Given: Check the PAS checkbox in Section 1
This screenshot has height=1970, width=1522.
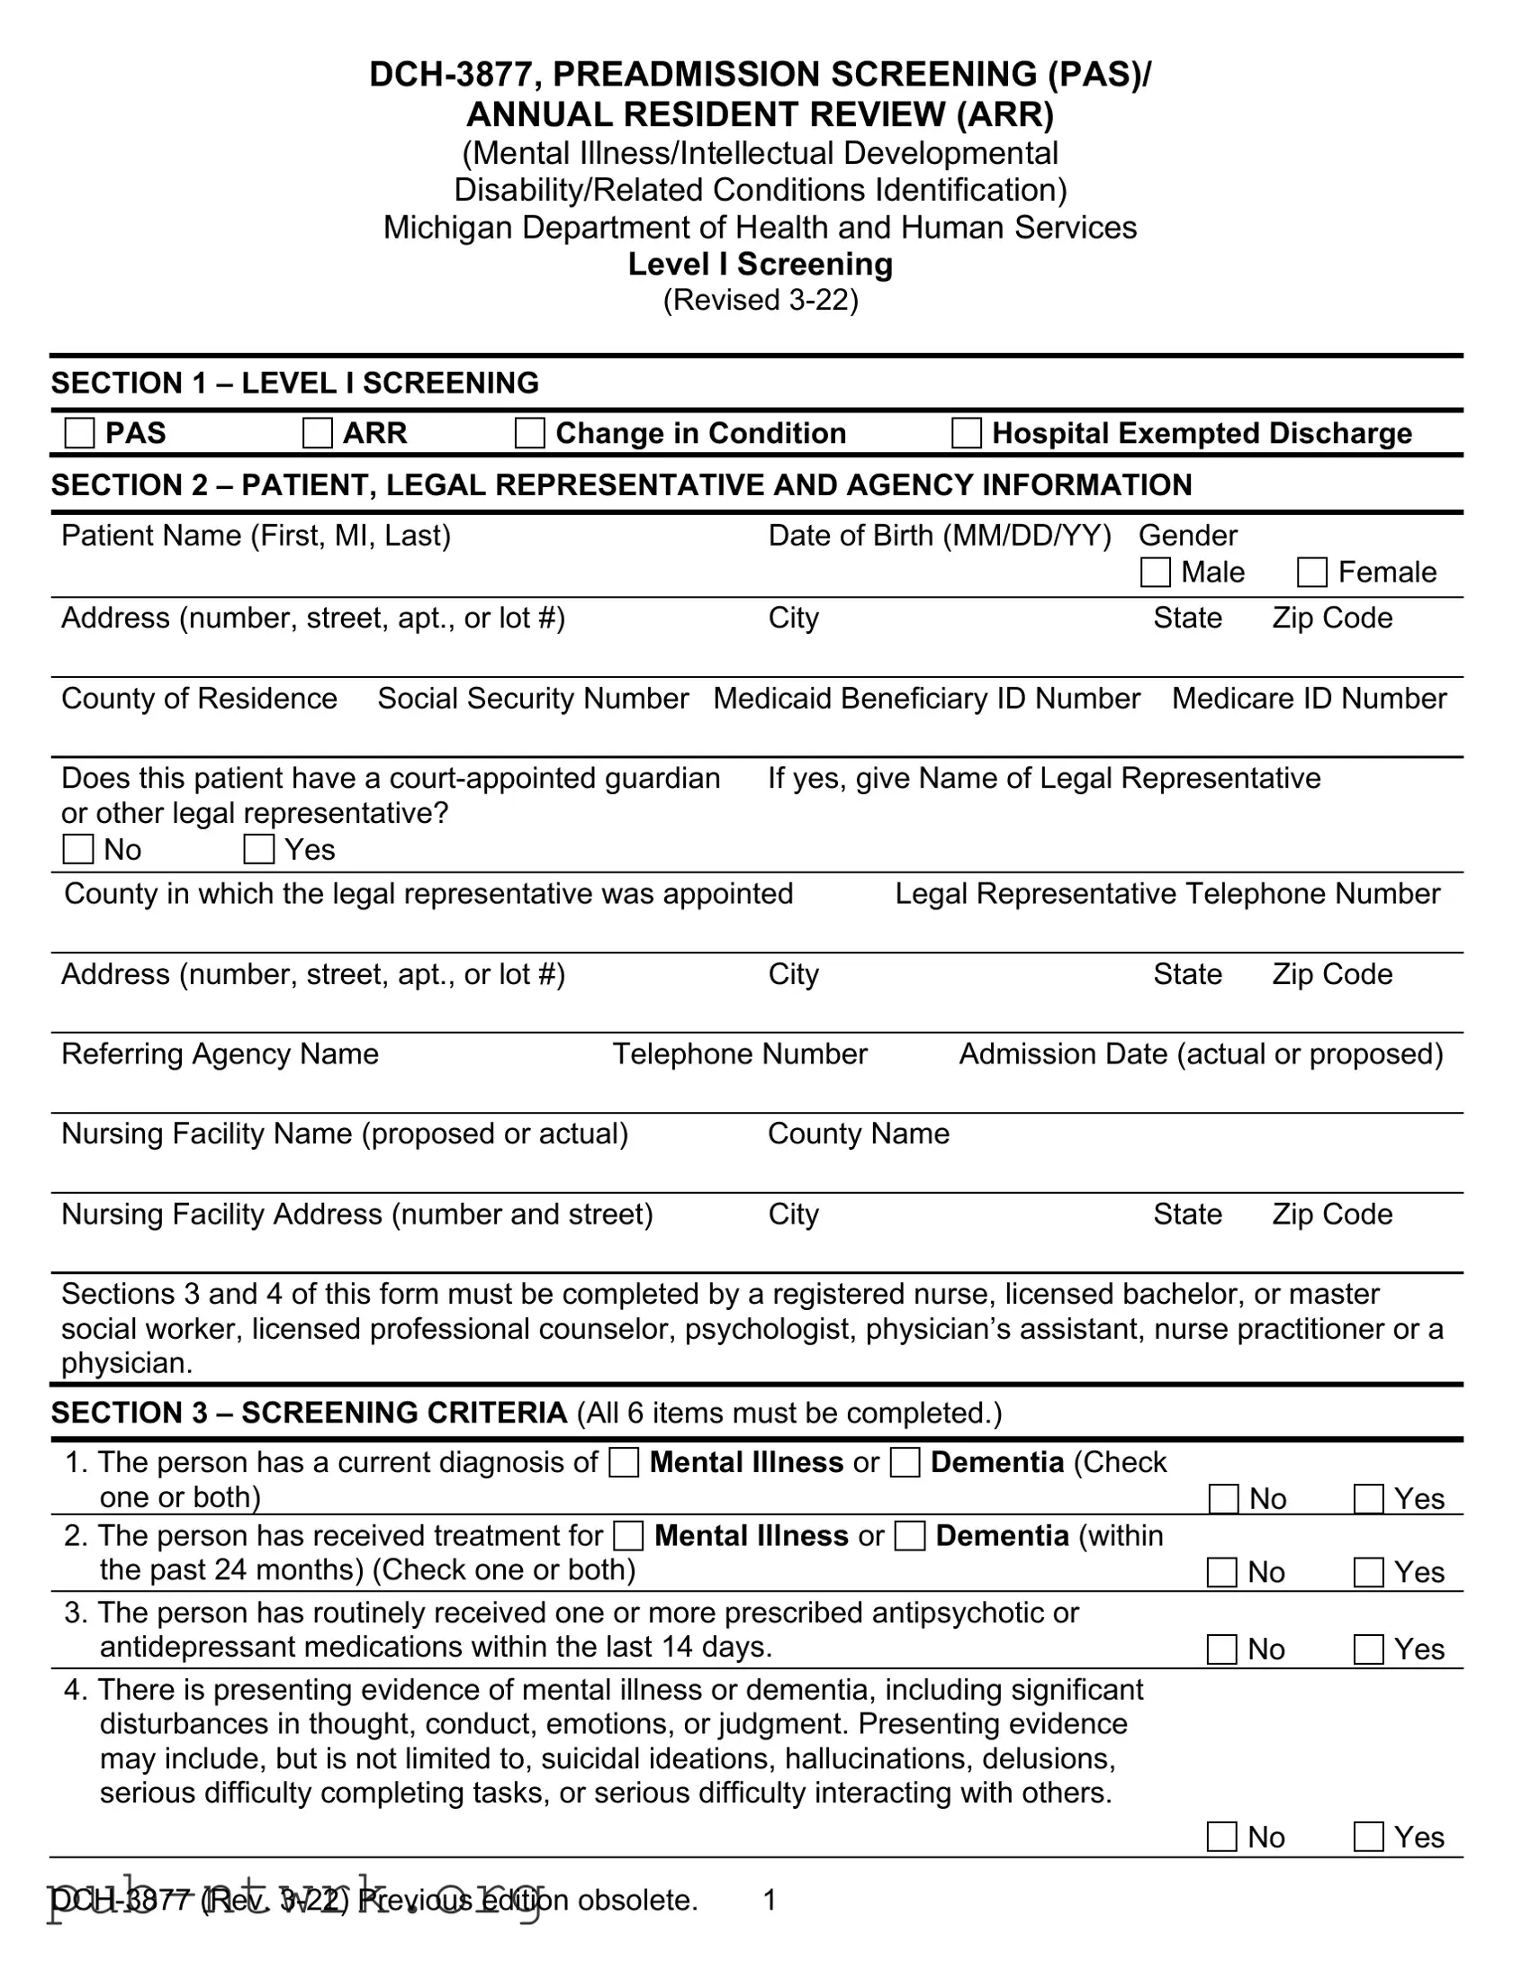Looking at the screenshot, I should [x=79, y=433].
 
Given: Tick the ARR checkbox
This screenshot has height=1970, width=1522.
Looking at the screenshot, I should [x=318, y=433].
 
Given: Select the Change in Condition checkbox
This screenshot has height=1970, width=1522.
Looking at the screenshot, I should [x=529, y=433].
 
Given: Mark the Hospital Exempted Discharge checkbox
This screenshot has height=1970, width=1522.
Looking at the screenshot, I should [x=967, y=433].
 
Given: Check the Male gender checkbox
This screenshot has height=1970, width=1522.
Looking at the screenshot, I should [x=1155, y=573].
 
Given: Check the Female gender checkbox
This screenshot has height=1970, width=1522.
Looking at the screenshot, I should [x=1312, y=573].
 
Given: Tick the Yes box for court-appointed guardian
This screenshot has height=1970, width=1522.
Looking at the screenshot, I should [x=259, y=850].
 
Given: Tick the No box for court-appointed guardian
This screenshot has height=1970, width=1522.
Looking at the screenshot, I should [x=78, y=850].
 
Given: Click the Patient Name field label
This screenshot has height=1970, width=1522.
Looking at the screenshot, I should [x=256, y=536].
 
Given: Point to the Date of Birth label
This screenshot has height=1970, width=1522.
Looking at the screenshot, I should [x=939, y=536].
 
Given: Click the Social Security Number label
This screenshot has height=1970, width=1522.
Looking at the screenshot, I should [x=533, y=699].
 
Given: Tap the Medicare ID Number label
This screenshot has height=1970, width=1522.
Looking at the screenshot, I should [x=1309, y=699].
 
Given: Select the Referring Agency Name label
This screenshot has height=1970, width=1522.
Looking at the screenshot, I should [x=220, y=1054].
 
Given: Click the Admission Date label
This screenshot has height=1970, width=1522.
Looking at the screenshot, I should [x=1200, y=1054].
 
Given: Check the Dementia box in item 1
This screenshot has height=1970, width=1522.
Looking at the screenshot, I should [x=905, y=1463].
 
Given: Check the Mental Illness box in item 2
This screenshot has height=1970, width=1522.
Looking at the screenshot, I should [x=628, y=1536].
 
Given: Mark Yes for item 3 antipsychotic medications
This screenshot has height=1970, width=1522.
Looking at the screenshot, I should [x=1369, y=1649].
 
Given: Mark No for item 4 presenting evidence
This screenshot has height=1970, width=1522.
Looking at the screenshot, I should [x=1221, y=1838].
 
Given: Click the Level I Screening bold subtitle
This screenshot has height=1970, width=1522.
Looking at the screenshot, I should [x=760, y=265].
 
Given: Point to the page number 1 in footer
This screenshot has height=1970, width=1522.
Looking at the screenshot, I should [x=770, y=1901].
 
